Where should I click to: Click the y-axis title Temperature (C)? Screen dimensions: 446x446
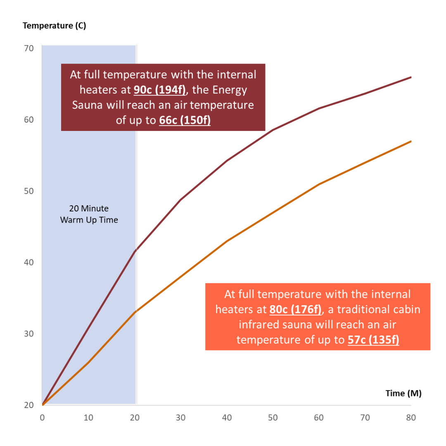54,26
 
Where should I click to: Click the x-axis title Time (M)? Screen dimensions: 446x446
403,393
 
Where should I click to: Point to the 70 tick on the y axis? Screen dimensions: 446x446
28,48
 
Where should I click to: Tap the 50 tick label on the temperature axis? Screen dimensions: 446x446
28,191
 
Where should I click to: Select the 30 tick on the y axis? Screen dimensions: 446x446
28,334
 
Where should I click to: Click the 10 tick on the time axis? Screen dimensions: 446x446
88,418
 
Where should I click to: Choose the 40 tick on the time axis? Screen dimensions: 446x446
227,418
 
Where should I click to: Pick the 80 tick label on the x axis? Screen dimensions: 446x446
410,418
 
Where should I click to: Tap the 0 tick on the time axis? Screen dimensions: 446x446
42,418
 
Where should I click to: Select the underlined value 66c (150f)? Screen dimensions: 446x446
185,121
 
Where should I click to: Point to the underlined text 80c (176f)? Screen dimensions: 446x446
295,310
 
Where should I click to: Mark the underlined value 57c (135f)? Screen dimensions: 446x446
373,340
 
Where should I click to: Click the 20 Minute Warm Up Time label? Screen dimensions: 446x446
89,214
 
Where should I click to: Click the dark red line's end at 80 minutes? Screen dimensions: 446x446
411,77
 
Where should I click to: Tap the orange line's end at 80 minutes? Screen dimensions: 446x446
411,141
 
